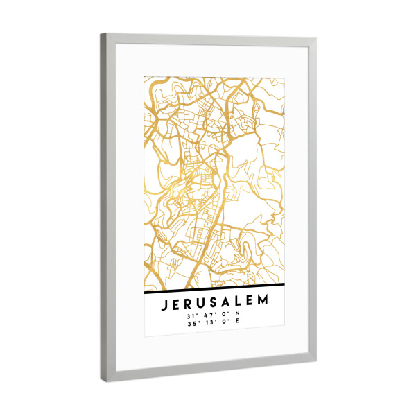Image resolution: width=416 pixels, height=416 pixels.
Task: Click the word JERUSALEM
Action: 215,304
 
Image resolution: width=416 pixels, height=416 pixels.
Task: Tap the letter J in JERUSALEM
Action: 164,304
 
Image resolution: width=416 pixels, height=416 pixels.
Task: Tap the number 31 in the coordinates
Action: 189,316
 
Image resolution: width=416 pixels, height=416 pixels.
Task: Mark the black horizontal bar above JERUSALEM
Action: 215,288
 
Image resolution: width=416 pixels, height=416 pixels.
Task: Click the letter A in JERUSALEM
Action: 227,304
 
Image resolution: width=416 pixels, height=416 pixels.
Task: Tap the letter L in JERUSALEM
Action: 239,304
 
